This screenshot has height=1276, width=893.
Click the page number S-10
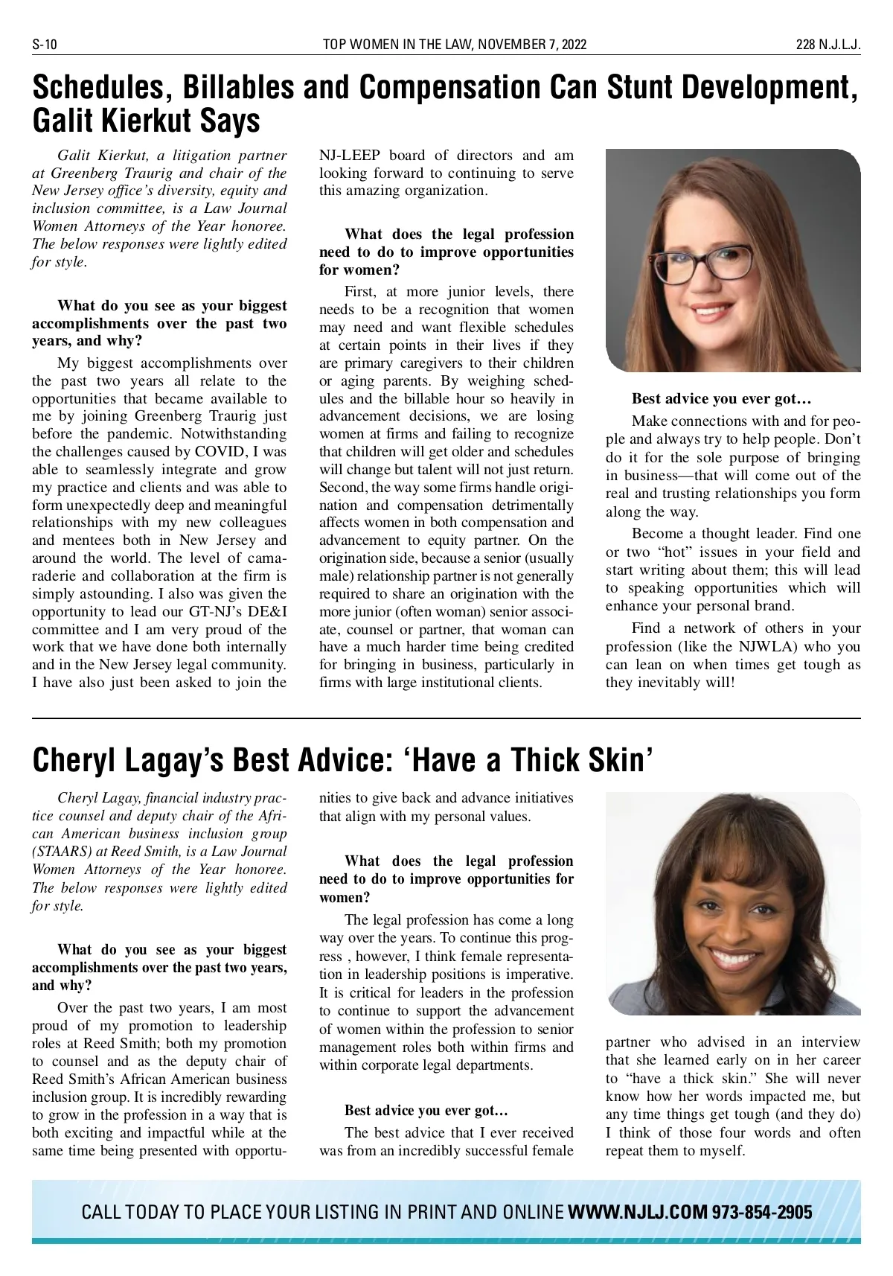coord(45,45)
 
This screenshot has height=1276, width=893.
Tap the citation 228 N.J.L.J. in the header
coord(828,45)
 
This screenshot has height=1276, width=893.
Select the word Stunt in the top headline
coord(639,88)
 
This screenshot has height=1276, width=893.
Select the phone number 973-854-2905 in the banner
coord(762,1212)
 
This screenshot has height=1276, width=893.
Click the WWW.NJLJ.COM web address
coord(637,1212)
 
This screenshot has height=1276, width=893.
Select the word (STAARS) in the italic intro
coord(62,852)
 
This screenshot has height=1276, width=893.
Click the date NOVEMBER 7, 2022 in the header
coord(531,45)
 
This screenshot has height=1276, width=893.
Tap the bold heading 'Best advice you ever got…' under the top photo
coord(721,399)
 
